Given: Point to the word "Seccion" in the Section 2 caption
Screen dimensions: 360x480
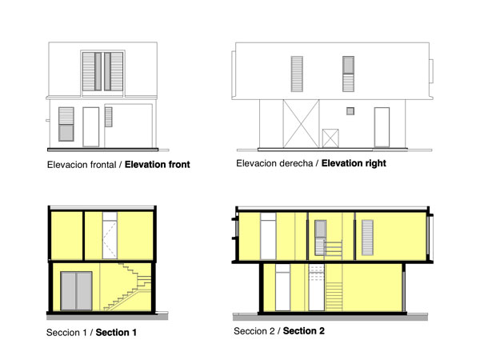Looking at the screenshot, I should (254, 330).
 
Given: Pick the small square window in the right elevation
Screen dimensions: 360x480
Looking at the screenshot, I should (349, 111).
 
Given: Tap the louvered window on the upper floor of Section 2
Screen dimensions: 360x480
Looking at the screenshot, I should (368, 237).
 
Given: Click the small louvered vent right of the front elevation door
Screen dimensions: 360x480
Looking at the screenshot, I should (109, 117).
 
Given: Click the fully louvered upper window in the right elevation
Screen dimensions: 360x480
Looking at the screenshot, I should (298, 73).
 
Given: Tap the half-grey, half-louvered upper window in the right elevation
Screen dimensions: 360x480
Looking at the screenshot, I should (349, 74).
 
